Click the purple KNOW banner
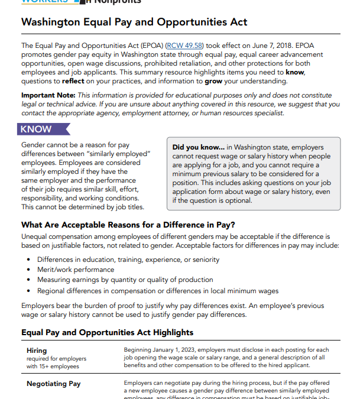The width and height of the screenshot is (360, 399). (x=36, y=129)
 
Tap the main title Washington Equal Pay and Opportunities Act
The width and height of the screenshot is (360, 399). (x=134, y=22)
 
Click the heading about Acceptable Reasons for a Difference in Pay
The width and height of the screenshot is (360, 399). (x=128, y=225)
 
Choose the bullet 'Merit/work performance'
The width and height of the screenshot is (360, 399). (x=76, y=270)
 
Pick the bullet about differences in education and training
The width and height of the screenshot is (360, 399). (x=128, y=259)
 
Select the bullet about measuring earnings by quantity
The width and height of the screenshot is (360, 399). (x=125, y=280)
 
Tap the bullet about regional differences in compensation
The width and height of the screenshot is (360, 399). (x=149, y=290)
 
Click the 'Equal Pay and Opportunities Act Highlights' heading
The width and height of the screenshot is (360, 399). (x=107, y=332)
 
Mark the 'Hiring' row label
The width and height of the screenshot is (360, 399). (x=37, y=351)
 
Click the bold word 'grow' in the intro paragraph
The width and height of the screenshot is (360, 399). (x=213, y=82)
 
